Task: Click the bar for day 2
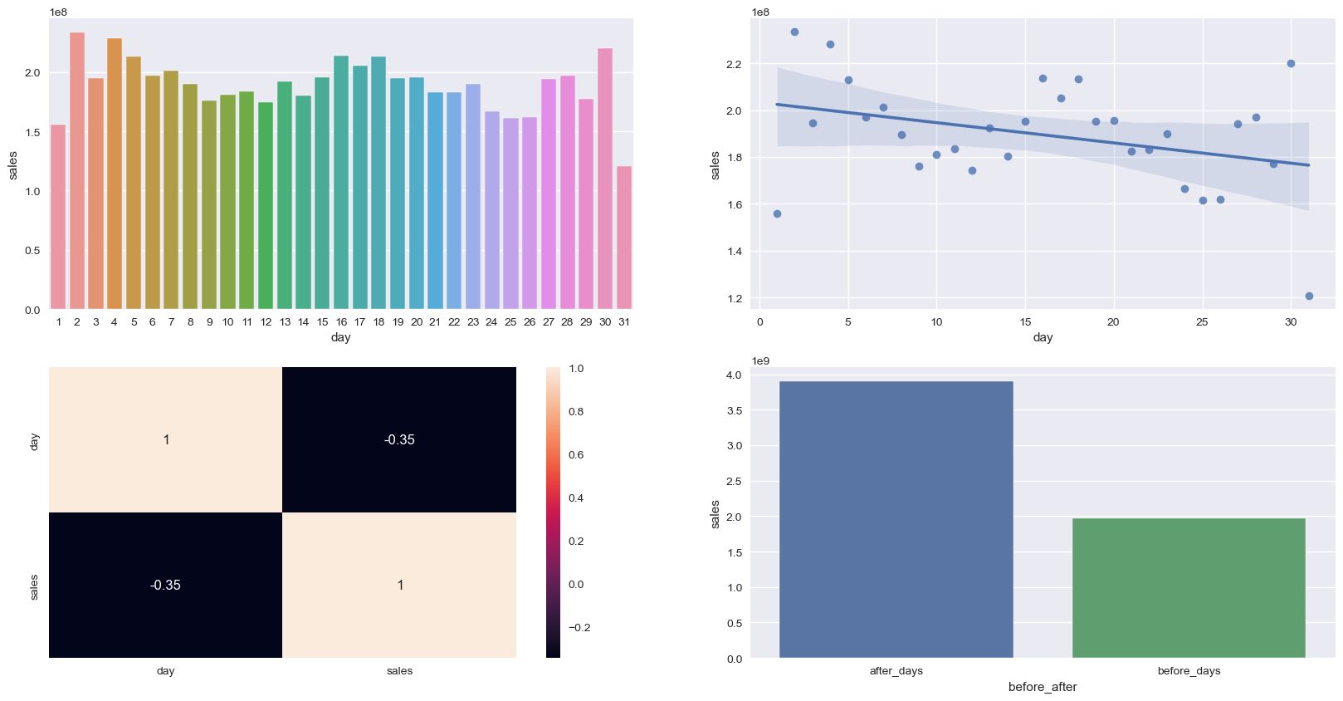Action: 77,170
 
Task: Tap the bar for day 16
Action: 341,182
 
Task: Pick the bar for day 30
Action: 605,179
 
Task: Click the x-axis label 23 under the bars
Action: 473,322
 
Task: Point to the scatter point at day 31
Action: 1309,296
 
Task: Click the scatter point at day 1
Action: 777,213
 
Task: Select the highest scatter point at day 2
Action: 794,32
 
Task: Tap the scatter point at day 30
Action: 1291,63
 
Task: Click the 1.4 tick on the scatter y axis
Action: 735,251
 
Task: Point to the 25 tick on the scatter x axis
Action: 1202,322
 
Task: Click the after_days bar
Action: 896,519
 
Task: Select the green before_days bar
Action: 1189,588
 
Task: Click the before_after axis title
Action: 1043,687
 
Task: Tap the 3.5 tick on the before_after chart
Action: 734,410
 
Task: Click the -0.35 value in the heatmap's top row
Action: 399,439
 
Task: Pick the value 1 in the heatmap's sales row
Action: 399,585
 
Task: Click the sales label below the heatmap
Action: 399,671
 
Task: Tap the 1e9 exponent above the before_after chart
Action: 760,360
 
